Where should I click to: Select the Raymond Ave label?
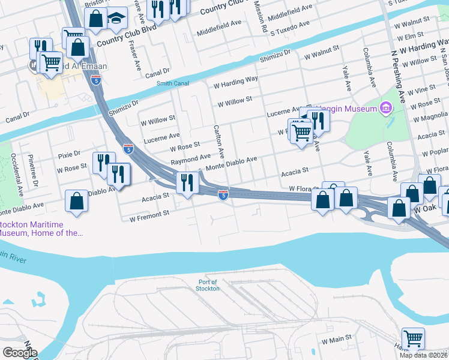tap(190, 162)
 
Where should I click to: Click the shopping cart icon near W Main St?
tap(413, 338)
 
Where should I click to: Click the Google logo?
tap(20, 352)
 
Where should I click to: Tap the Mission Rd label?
tap(259, 15)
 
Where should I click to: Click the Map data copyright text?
tap(424, 355)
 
